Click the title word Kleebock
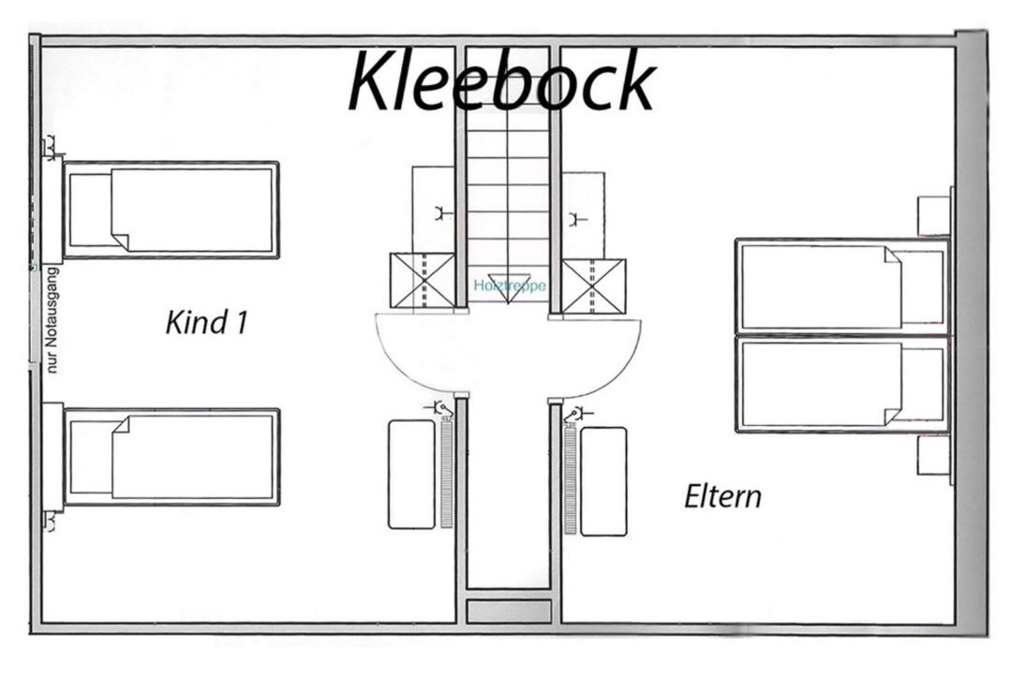point(501,82)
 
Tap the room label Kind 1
point(206,323)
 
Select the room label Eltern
point(722,496)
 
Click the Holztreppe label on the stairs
point(509,285)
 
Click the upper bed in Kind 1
point(171,210)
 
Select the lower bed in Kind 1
point(171,457)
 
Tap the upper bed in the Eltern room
point(842,286)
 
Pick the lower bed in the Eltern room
point(842,384)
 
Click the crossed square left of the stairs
point(422,282)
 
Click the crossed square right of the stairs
point(593,286)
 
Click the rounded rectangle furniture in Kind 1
point(411,475)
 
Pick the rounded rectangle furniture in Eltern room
point(603,481)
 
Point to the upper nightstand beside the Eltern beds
point(933,215)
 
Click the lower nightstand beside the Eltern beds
point(933,456)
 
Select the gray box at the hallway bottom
point(508,611)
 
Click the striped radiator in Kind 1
point(446,475)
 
